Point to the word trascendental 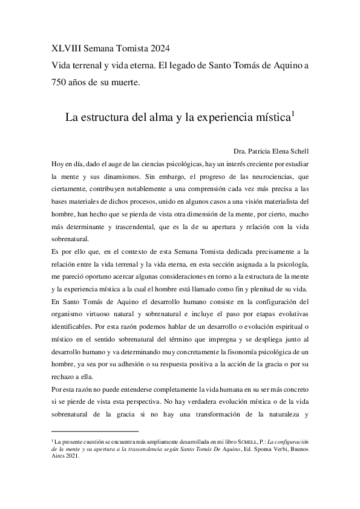[133, 227]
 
